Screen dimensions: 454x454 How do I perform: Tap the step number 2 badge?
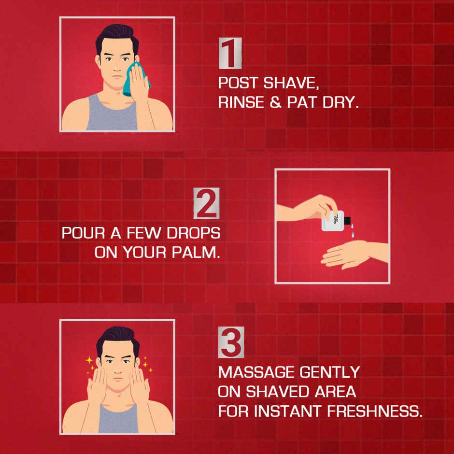tap(207, 203)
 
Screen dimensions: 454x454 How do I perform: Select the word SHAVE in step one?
tap(293, 83)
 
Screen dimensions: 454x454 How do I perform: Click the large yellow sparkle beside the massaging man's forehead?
tap(89, 360)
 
